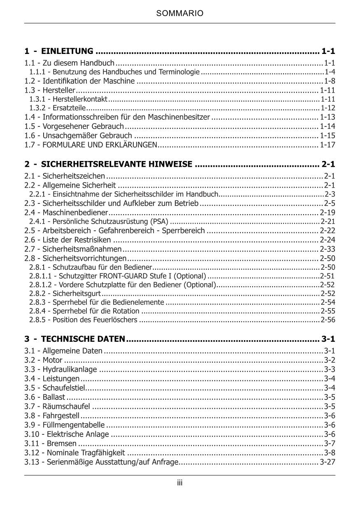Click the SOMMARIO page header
tap(180, 14)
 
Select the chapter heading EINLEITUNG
tap(67, 51)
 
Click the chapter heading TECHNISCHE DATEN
tap(83, 339)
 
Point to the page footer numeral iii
tap(180, 483)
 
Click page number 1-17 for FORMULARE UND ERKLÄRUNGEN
tap(327, 145)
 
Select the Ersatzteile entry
tap(69, 108)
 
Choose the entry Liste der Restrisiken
tap(77, 240)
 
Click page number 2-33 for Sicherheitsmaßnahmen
tap(327, 249)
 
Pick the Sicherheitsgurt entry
tap(77, 294)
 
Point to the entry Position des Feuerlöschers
tap(95, 320)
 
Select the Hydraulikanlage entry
tap(70, 369)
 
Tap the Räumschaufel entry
tap(66, 406)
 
